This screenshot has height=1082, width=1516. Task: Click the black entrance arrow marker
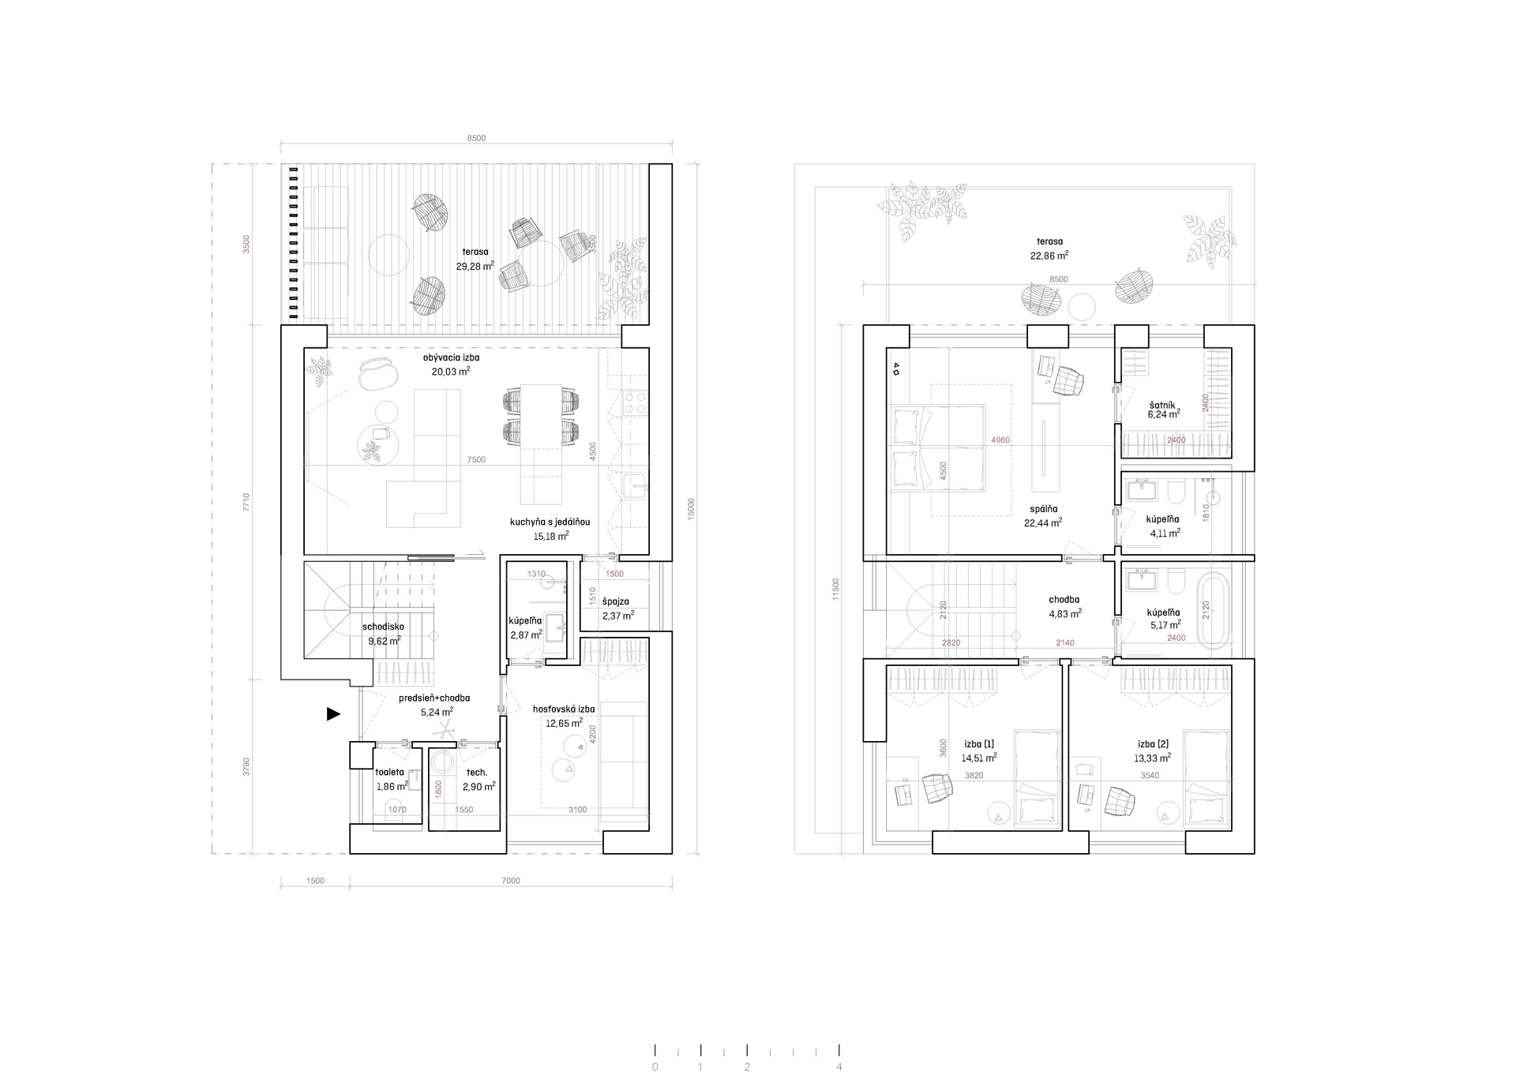[334, 714]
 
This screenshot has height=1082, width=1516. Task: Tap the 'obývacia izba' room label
[452, 358]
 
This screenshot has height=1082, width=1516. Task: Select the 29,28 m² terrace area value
[475, 266]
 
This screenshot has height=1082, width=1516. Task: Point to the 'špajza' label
[616, 601]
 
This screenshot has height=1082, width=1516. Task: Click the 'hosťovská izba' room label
[565, 709]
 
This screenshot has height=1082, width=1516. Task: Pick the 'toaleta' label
[390, 772]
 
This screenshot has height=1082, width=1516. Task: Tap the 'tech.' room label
[477, 772]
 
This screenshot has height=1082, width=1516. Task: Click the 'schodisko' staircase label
[384, 627]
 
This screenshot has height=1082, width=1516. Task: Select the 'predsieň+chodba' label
[435, 698]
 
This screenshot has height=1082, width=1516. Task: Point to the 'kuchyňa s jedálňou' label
[550, 522]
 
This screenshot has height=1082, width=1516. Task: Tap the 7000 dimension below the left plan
[511, 881]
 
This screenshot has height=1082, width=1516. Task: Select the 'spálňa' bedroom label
[1043, 509]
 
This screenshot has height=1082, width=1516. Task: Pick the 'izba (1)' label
[979, 744]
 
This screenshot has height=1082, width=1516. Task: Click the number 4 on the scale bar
[839, 1067]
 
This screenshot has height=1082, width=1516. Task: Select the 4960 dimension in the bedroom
[1000, 440]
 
